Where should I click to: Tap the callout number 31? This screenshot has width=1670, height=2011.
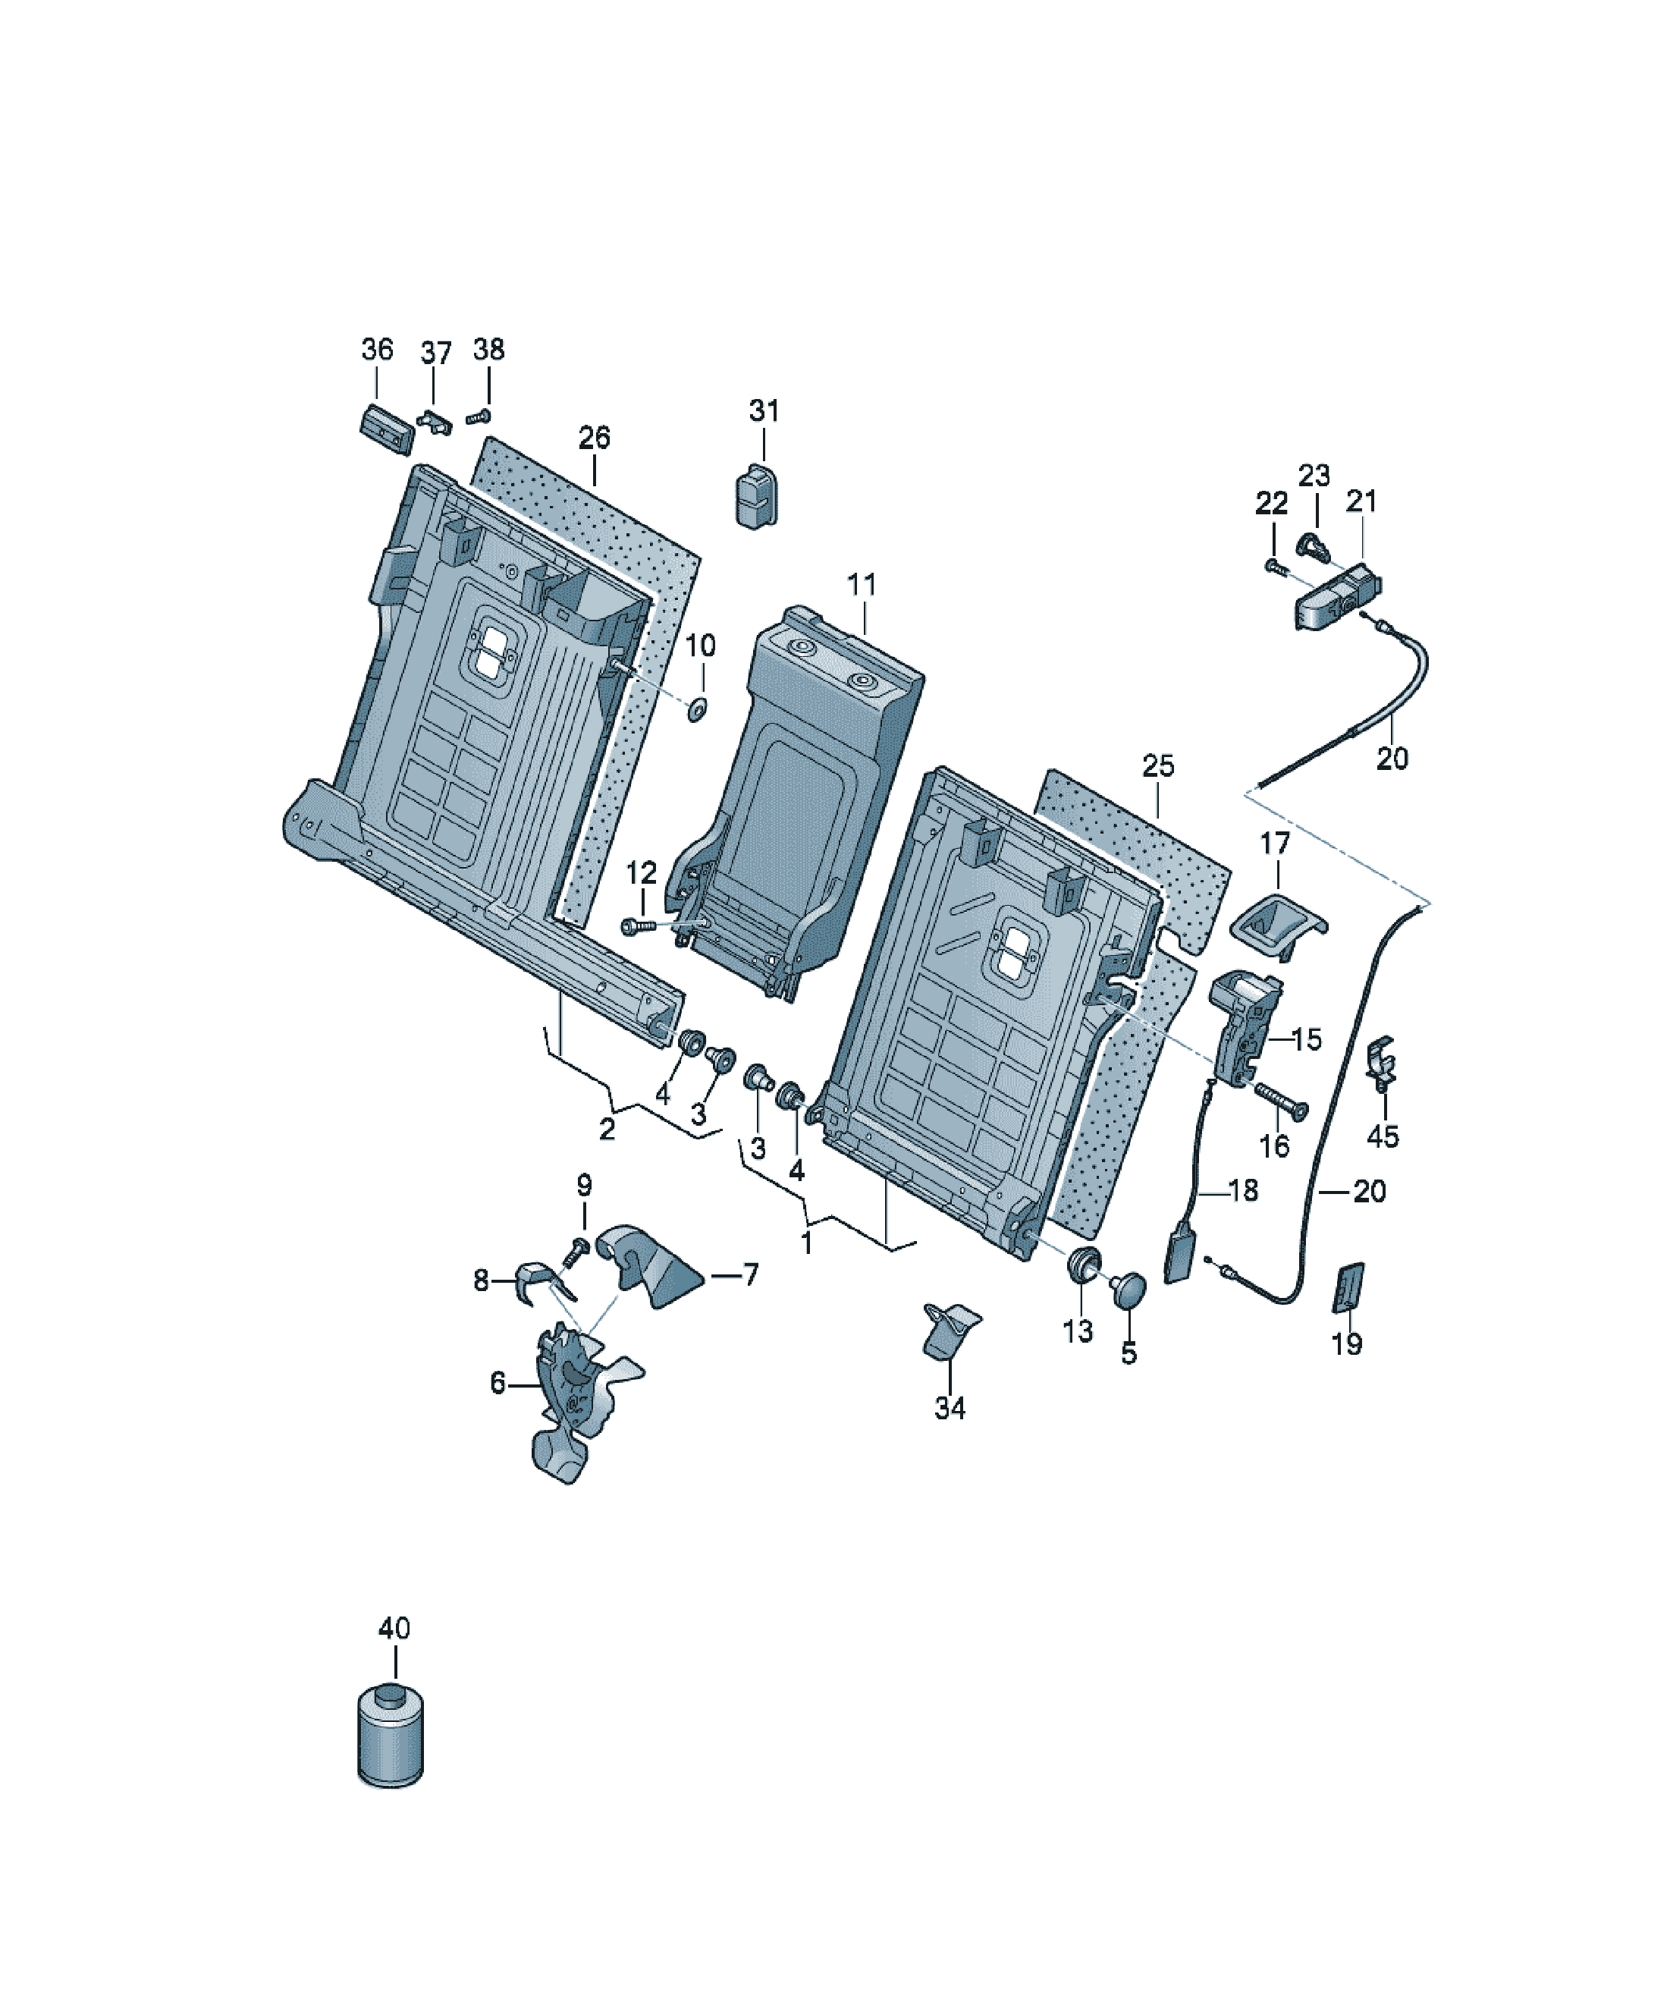pos(763,411)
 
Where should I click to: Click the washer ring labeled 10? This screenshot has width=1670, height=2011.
pos(697,709)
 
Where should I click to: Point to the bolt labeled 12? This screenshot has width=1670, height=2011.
pos(638,926)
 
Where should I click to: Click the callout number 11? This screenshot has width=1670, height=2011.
pos(862,584)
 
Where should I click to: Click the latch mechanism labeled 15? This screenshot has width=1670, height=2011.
pos(1247,1029)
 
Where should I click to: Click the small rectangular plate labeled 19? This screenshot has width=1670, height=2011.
pos(1348,1287)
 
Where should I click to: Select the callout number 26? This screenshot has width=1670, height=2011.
pos(594,438)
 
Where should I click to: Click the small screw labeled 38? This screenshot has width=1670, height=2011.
pos(479,416)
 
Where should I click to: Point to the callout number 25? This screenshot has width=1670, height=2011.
pos(1158,766)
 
